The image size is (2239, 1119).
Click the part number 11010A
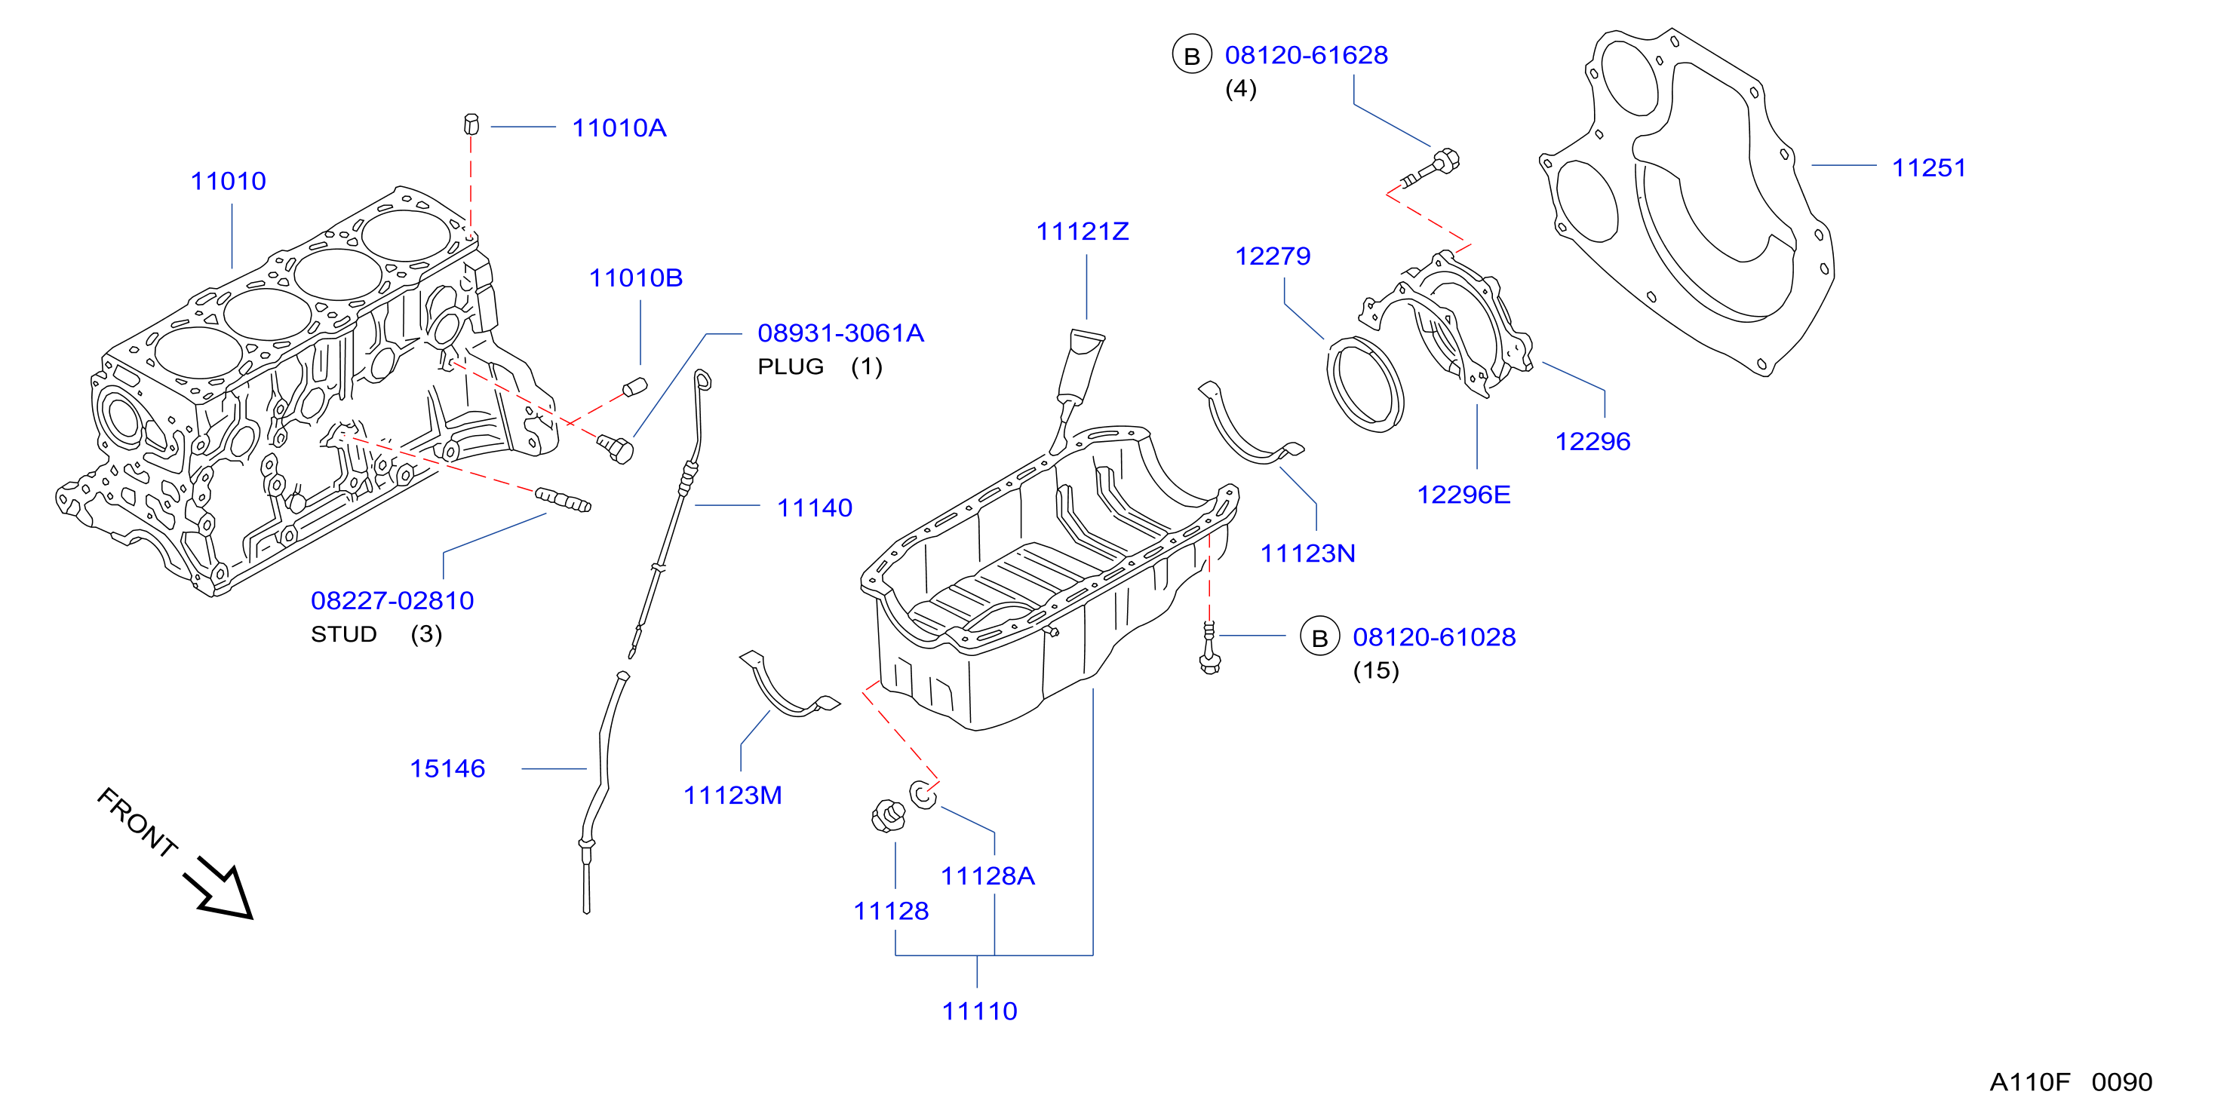point(619,127)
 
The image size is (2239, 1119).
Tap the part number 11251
point(1929,167)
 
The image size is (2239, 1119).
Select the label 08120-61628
point(1306,55)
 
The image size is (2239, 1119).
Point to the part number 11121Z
point(1082,231)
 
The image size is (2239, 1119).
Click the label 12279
point(1273,256)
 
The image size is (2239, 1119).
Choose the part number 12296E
point(1463,495)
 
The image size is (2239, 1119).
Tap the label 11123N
point(1307,553)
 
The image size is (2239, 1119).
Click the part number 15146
point(447,769)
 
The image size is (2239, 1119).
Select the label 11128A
point(987,875)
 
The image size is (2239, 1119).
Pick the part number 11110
point(979,1011)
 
